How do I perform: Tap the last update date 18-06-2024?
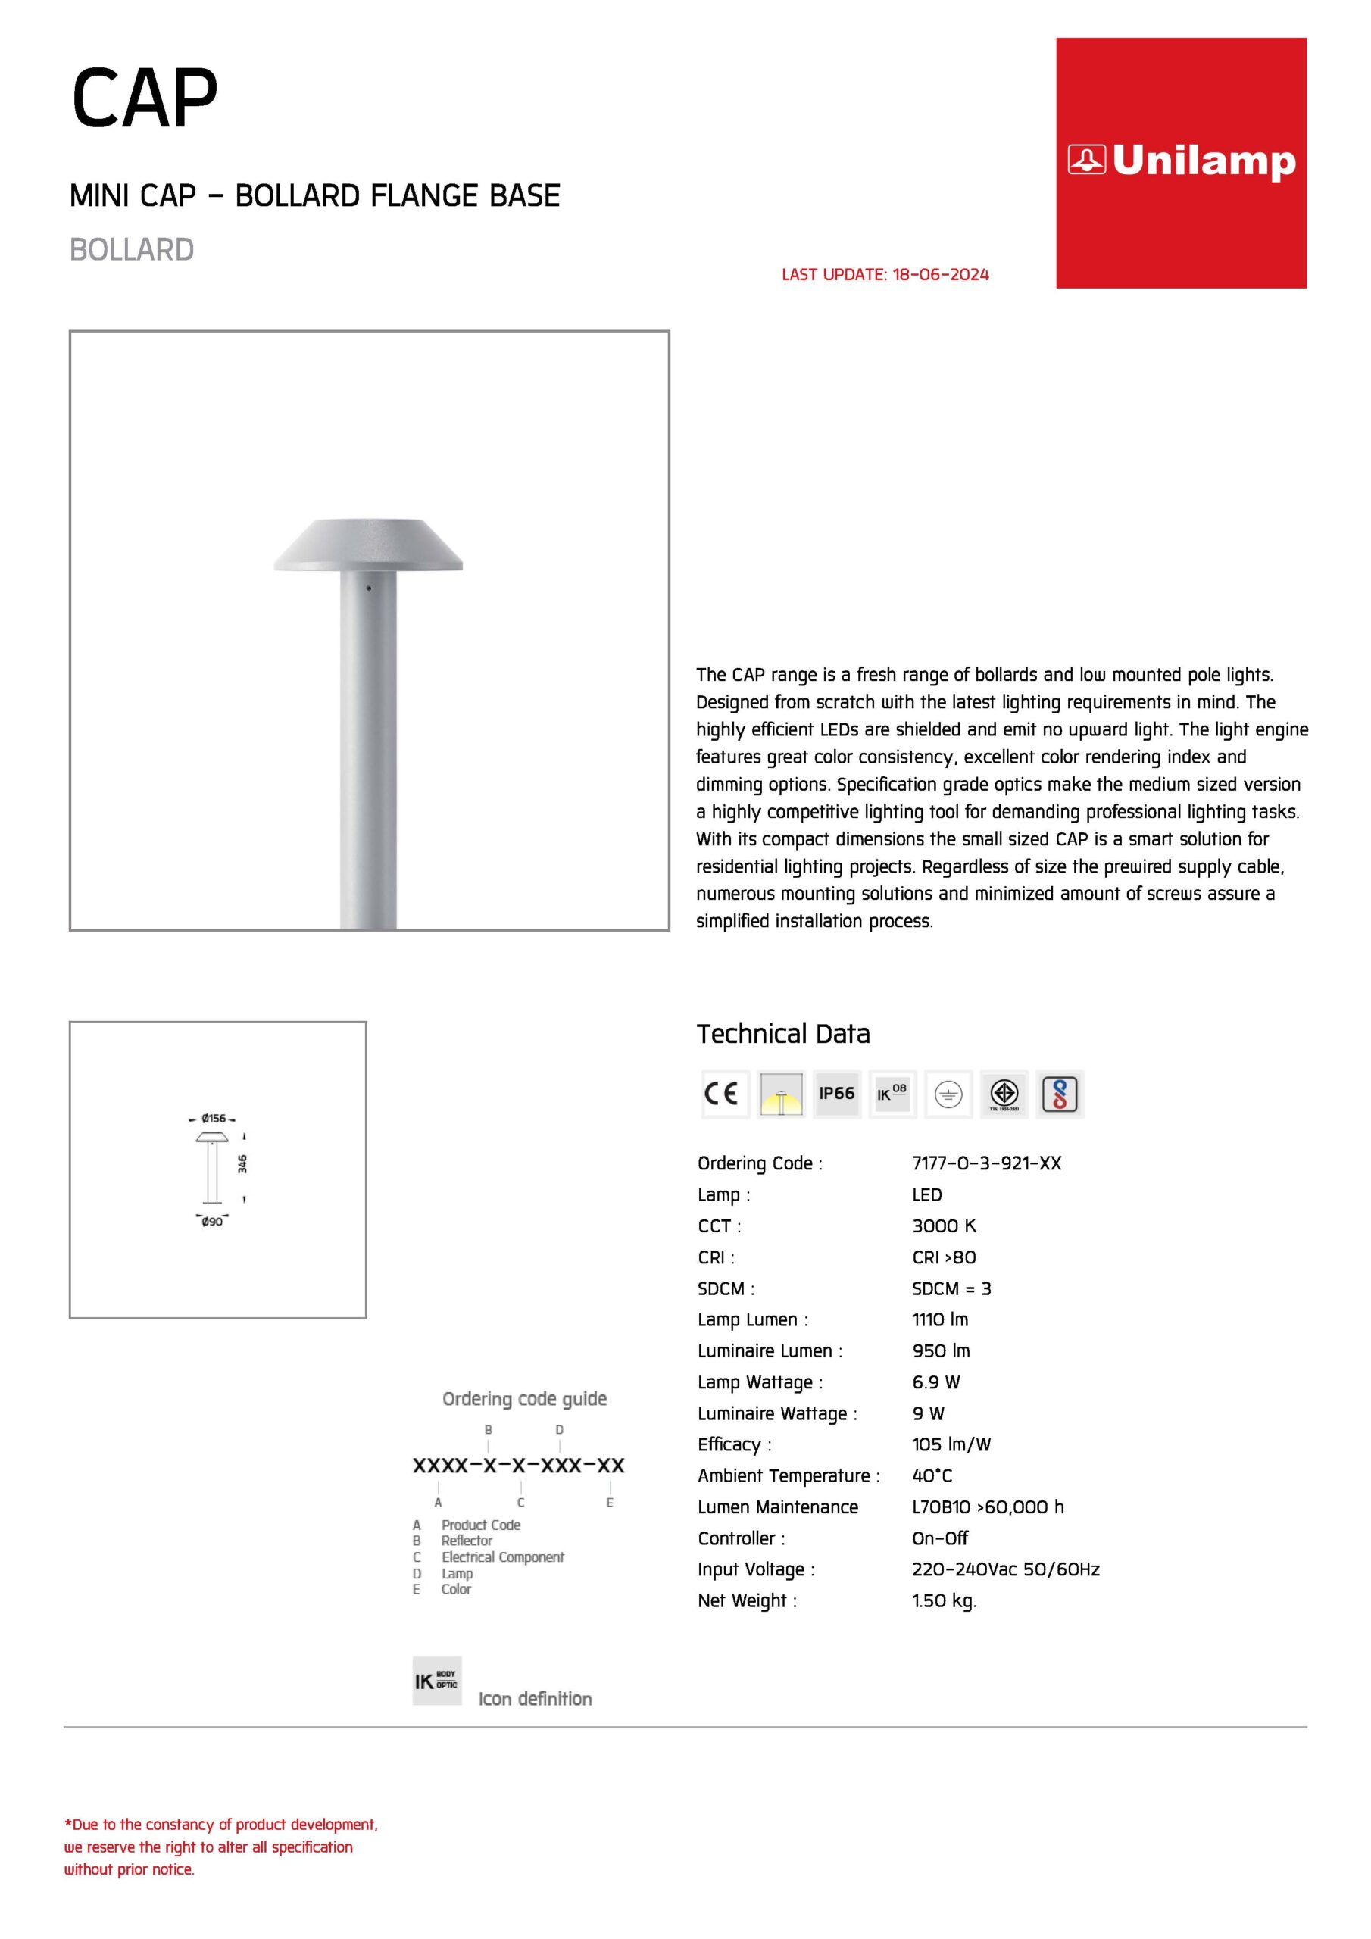tap(940, 274)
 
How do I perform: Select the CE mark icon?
tap(724, 1094)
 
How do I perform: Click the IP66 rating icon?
tap(836, 1094)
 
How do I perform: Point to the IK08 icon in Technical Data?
tap(892, 1094)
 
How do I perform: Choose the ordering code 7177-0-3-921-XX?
tap(985, 1163)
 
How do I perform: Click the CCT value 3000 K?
tap(944, 1226)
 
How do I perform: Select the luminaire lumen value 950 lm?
tap(940, 1350)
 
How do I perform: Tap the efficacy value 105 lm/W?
tap(951, 1444)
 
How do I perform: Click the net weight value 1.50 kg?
tap(944, 1600)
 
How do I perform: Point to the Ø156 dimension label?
tap(213, 1118)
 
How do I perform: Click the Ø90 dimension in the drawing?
tap(212, 1221)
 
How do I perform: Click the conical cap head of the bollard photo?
tap(368, 544)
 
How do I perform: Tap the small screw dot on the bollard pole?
tap(368, 588)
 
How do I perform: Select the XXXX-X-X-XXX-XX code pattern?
tap(518, 1465)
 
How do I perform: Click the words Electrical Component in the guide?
tap(501, 1557)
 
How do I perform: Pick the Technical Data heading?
tap(782, 1034)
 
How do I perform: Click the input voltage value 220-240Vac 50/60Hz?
tap(1005, 1569)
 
